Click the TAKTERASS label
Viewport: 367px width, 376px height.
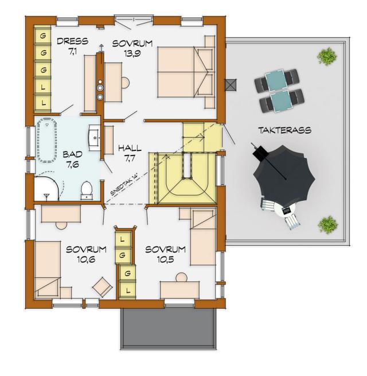click(x=284, y=130)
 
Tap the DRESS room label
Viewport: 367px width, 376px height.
click(x=72, y=41)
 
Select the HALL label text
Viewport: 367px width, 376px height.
click(x=130, y=148)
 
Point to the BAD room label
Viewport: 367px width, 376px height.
click(x=73, y=154)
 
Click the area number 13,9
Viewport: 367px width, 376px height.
click(x=132, y=53)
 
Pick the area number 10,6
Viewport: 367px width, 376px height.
click(x=86, y=259)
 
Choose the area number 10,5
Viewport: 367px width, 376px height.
click(x=166, y=259)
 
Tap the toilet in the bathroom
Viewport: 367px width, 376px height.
click(x=87, y=191)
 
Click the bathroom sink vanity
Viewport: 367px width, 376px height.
click(x=94, y=138)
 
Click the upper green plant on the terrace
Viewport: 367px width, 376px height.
click(x=327, y=56)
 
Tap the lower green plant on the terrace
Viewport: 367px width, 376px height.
click(x=327, y=224)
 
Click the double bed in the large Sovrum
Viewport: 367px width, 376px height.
click(x=185, y=72)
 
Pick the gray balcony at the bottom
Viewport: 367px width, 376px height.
click(x=169, y=329)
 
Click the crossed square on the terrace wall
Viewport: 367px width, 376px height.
click(x=231, y=85)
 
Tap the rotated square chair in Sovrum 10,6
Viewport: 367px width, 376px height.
click(x=103, y=287)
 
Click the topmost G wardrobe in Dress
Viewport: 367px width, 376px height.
click(x=43, y=36)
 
